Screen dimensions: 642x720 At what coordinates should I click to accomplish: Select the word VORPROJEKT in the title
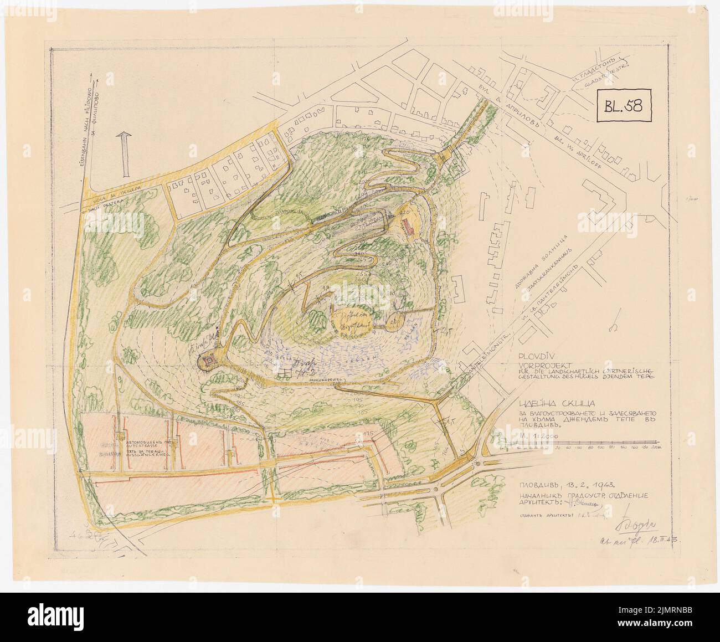tap(539, 365)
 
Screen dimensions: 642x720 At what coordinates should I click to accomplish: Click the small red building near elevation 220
tap(410, 225)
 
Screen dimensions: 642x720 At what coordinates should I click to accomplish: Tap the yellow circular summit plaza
tap(352, 319)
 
